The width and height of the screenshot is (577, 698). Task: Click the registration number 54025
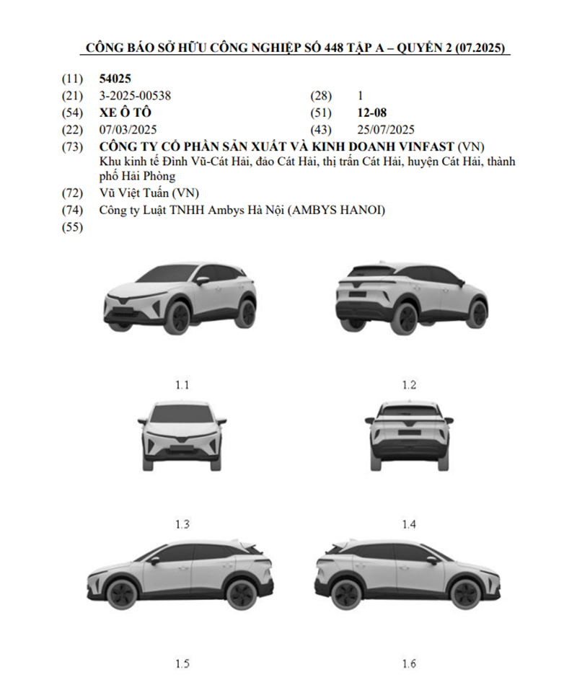[x=115, y=79]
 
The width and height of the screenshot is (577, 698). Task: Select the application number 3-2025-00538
[x=135, y=95]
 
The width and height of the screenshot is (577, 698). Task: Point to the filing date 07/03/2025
[x=128, y=130]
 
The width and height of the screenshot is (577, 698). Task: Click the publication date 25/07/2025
[x=386, y=130]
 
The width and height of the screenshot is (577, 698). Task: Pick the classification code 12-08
[x=371, y=112]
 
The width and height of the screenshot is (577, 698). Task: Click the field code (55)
[x=73, y=228]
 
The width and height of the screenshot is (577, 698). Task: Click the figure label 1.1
[x=182, y=384]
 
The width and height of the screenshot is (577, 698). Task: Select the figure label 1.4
[x=409, y=524]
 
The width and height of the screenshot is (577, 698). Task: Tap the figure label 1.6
[x=409, y=663]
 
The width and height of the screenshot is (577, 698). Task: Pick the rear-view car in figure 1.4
[x=409, y=436]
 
